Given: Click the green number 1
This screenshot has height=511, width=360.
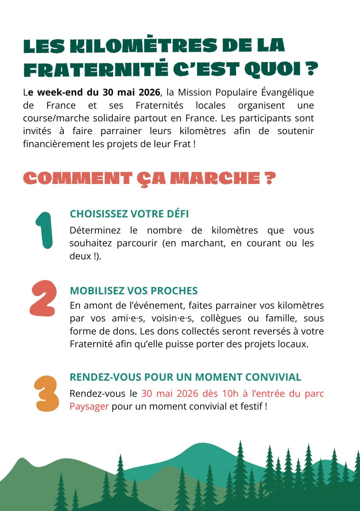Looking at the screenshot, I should point(44,230).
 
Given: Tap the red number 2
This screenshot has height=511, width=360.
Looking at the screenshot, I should point(43,298).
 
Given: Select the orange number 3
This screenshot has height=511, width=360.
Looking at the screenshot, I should point(46,393).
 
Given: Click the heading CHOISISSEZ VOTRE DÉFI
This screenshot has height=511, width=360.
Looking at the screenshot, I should point(129,214).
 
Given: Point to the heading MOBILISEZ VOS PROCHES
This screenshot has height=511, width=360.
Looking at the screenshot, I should point(134,291).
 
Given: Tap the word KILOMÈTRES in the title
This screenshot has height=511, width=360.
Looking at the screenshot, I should point(120,46).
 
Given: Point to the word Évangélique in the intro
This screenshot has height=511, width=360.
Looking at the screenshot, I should point(289,92).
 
